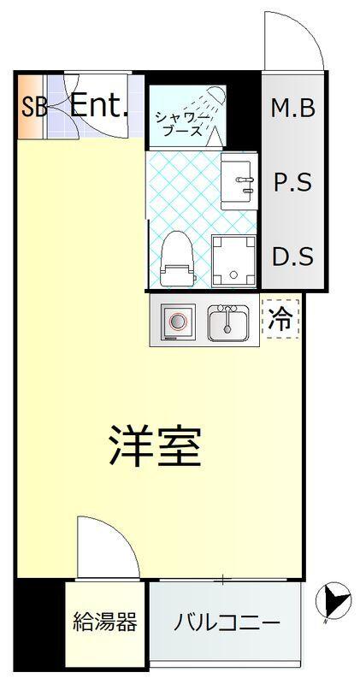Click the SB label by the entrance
point(33,107)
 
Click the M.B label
point(293,108)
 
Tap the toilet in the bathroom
point(177,259)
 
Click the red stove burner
point(178,322)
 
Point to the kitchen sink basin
point(227,323)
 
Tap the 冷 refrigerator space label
point(280,320)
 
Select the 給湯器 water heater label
point(105,622)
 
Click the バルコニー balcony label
point(227,622)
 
